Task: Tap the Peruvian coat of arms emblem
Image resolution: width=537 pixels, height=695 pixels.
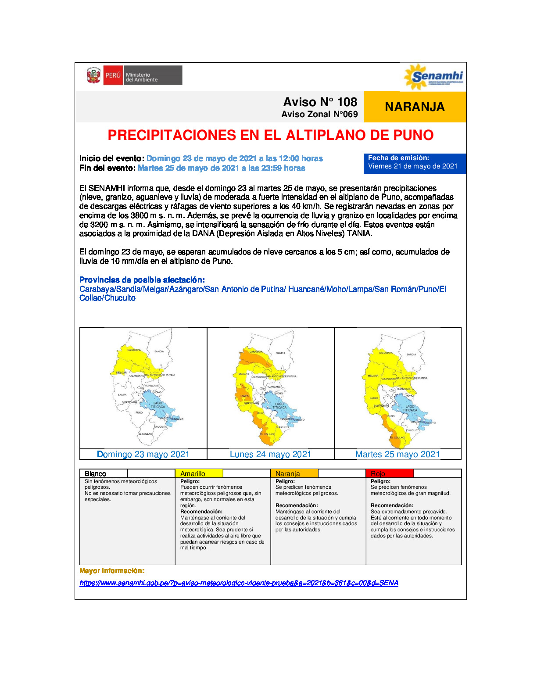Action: click(93, 75)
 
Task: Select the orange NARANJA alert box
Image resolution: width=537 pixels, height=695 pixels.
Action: click(415, 107)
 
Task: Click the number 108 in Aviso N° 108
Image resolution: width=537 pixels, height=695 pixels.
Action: click(347, 102)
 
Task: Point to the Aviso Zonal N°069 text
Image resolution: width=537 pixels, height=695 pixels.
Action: click(319, 115)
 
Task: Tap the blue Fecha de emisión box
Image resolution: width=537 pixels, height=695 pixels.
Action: click(414, 162)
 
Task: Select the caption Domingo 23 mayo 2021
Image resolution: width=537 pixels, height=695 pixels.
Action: click(143, 454)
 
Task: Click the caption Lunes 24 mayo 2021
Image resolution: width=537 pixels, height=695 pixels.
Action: click(270, 454)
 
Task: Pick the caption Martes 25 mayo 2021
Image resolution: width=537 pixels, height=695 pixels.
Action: click(397, 454)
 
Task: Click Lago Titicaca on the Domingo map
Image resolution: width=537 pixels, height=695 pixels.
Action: click(157, 405)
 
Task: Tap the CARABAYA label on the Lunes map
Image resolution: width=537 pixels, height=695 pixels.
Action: click(256, 351)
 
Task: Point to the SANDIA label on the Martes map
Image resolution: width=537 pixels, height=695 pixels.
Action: click(411, 354)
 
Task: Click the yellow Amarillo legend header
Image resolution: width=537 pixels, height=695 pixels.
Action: click(199, 473)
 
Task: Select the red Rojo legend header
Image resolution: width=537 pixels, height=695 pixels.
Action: click(389, 473)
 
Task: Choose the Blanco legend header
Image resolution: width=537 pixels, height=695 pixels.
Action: click(104, 473)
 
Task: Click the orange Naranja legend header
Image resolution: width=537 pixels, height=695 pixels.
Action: click(294, 473)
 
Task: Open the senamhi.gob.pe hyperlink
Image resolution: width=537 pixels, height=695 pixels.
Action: click(239, 583)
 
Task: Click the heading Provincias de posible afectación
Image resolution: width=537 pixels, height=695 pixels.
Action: click(142, 280)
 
